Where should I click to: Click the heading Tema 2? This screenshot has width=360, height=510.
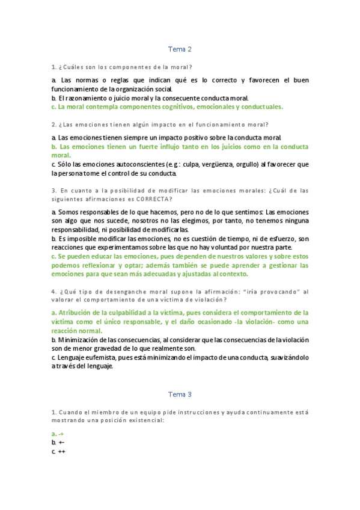coord(180,49)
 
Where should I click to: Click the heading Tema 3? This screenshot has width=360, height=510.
coord(180,395)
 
